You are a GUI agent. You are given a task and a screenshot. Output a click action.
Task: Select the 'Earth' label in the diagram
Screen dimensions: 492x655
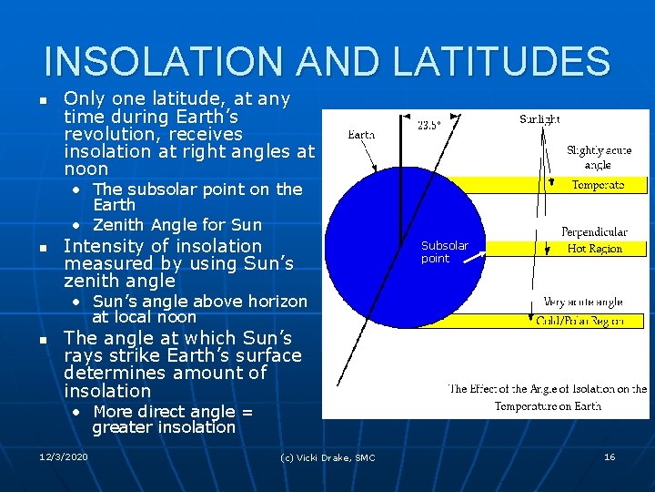[x=361, y=135]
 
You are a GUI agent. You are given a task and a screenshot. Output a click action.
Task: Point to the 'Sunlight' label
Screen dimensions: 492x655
[x=539, y=119]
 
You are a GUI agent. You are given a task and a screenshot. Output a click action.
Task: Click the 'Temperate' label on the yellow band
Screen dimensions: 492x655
[x=598, y=185]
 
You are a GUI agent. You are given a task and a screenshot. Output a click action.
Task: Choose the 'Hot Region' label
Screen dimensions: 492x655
[x=595, y=249]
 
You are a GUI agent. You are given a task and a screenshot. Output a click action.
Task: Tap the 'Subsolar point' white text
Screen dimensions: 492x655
[x=445, y=251]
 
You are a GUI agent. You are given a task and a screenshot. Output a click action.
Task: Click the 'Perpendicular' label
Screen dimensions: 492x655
[x=594, y=232]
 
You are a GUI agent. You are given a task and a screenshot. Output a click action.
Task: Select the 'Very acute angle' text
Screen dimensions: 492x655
[x=584, y=302]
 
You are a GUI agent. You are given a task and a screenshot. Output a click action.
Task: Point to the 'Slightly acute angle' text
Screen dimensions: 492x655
[x=598, y=158]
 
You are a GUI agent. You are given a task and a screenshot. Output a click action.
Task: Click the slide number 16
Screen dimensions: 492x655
[x=610, y=456]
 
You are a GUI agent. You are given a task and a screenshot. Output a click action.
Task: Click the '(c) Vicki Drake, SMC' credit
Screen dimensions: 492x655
[x=327, y=457]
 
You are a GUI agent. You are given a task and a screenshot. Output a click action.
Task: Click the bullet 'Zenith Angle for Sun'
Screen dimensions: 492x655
[x=176, y=224]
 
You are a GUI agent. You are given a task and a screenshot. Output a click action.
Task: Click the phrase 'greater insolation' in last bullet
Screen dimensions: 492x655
[x=164, y=427]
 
